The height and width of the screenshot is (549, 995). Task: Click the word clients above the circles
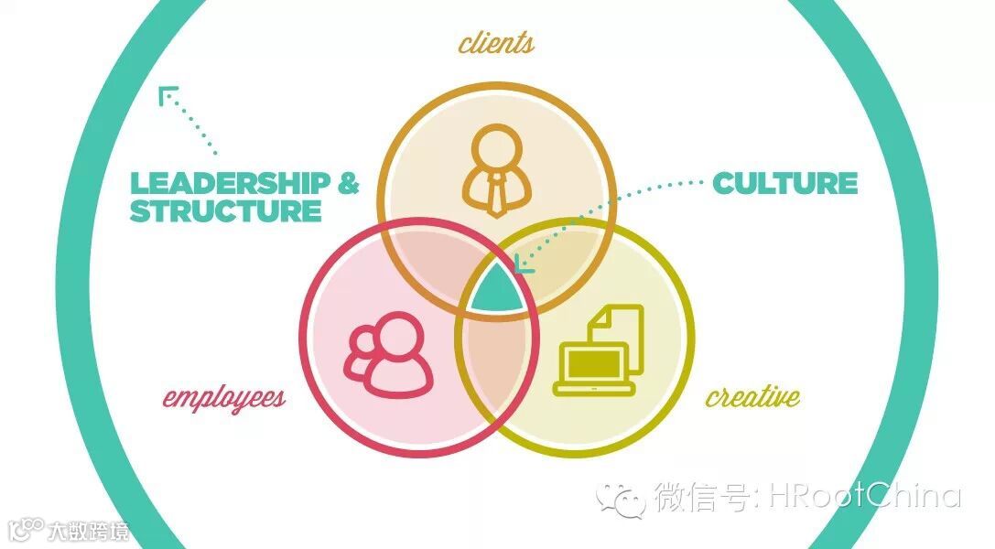496,42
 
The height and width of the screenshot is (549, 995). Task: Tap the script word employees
223,397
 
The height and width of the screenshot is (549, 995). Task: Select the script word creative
752,396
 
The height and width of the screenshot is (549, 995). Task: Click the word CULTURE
784,183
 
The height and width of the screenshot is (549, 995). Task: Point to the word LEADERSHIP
230,182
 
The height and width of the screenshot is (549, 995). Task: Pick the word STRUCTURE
225,211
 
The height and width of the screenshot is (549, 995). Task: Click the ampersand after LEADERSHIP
349,182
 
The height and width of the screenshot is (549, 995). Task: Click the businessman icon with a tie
496,170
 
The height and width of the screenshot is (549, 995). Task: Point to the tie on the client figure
496,194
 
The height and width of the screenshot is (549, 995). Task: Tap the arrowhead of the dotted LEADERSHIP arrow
167,94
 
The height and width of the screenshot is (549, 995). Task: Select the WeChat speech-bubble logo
621,498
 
